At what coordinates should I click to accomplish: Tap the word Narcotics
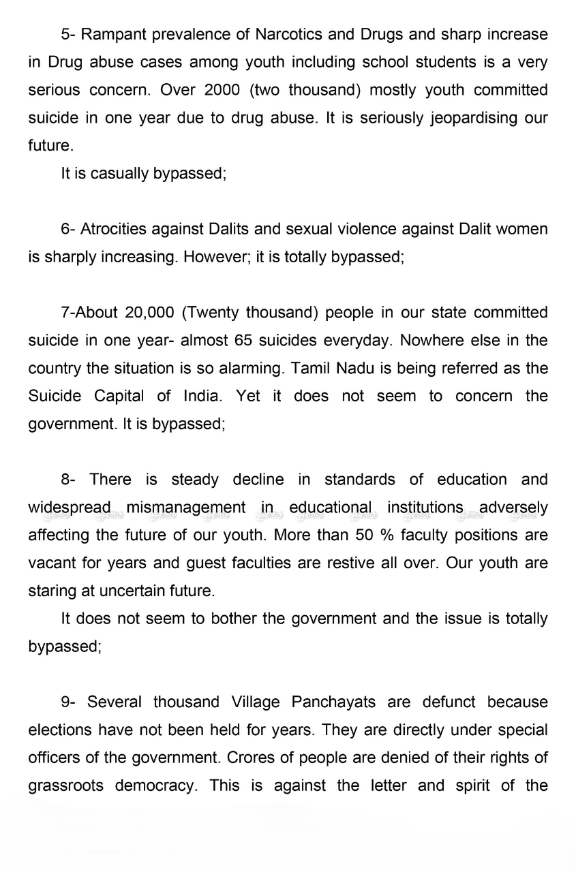(289, 34)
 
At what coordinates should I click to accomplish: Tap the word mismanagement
(185, 508)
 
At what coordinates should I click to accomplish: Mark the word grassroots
(66, 785)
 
